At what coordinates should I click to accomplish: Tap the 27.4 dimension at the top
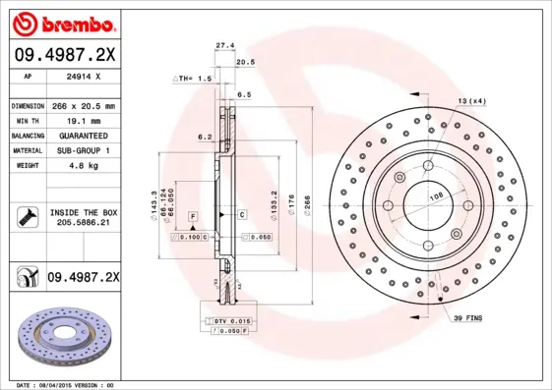pos(224,45)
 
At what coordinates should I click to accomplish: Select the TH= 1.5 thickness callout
pos(193,78)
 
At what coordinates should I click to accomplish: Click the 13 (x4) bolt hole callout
pos(471,101)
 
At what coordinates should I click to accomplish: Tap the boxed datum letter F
pos(193,214)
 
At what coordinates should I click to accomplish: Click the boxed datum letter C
pos(241,214)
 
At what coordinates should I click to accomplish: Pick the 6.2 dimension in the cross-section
pos(205,137)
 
